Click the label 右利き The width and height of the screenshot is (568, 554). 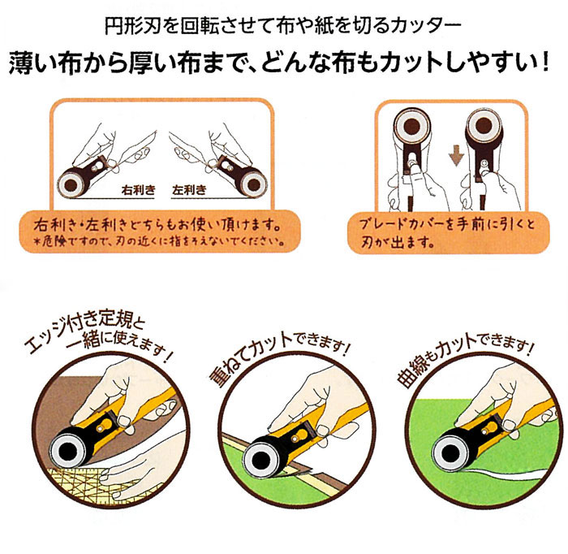click(x=139, y=189)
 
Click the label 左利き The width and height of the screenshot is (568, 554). click(x=189, y=189)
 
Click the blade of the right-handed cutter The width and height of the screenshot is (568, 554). click(x=71, y=185)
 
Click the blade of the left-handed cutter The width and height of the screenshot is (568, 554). click(x=254, y=185)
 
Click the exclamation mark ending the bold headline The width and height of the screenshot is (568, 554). click(x=544, y=63)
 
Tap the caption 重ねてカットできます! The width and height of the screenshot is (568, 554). click(x=279, y=359)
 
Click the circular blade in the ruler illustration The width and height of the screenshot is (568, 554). click(x=68, y=449)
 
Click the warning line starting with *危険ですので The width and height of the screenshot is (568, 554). click(x=159, y=241)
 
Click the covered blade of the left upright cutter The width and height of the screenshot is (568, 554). click(x=412, y=126)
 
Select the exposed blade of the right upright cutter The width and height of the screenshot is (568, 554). click(x=484, y=126)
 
